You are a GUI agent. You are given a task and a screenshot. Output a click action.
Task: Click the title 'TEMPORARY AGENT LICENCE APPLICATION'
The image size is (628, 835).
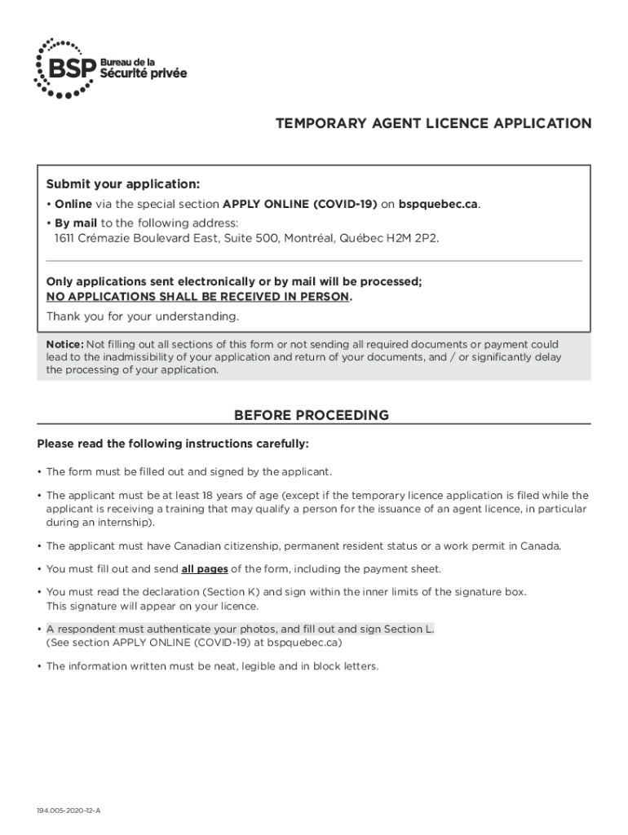[433, 124]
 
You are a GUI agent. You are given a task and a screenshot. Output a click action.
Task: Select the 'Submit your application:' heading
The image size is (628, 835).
[123, 183]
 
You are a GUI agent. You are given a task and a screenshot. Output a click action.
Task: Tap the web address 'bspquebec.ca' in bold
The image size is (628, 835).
[438, 204]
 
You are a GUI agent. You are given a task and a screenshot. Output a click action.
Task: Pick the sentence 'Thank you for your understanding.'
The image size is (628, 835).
[143, 316]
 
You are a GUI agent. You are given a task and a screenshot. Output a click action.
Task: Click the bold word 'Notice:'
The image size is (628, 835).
[64, 344]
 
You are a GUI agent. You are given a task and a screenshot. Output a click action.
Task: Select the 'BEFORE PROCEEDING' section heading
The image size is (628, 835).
[312, 415]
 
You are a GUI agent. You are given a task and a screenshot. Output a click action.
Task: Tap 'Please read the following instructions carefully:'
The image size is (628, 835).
[173, 444]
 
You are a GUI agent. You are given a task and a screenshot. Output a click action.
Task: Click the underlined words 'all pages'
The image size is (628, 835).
[204, 568]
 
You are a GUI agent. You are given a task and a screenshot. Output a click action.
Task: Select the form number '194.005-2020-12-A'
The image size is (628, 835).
[69, 812]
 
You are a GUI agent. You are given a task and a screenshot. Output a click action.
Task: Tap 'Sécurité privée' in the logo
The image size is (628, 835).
[143, 74]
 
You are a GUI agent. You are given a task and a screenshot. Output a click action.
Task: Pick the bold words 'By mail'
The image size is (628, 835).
[76, 223]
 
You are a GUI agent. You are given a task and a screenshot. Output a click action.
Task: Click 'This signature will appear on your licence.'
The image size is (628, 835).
[153, 606]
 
